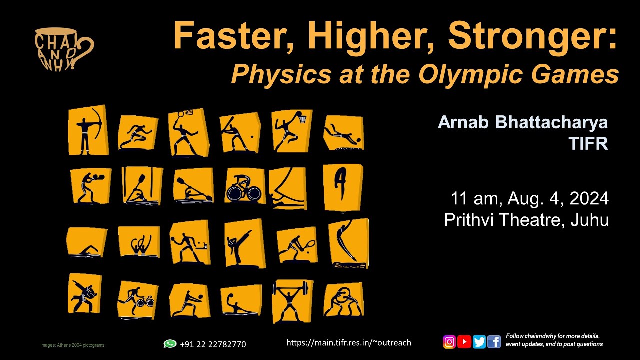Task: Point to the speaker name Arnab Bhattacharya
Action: (x=523, y=122)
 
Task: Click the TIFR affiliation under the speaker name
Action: (x=588, y=144)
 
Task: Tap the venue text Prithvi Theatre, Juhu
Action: (x=526, y=220)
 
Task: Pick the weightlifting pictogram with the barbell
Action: (x=293, y=301)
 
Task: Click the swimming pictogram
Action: (x=87, y=243)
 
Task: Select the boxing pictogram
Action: (x=89, y=186)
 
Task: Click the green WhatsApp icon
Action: (x=170, y=344)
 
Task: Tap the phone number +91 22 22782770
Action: (x=213, y=344)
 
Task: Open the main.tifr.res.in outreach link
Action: (x=348, y=343)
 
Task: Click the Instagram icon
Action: (x=449, y=342)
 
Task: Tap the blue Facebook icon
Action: (x=494, y=342)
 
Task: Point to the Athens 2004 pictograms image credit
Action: (x=72, y=345)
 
